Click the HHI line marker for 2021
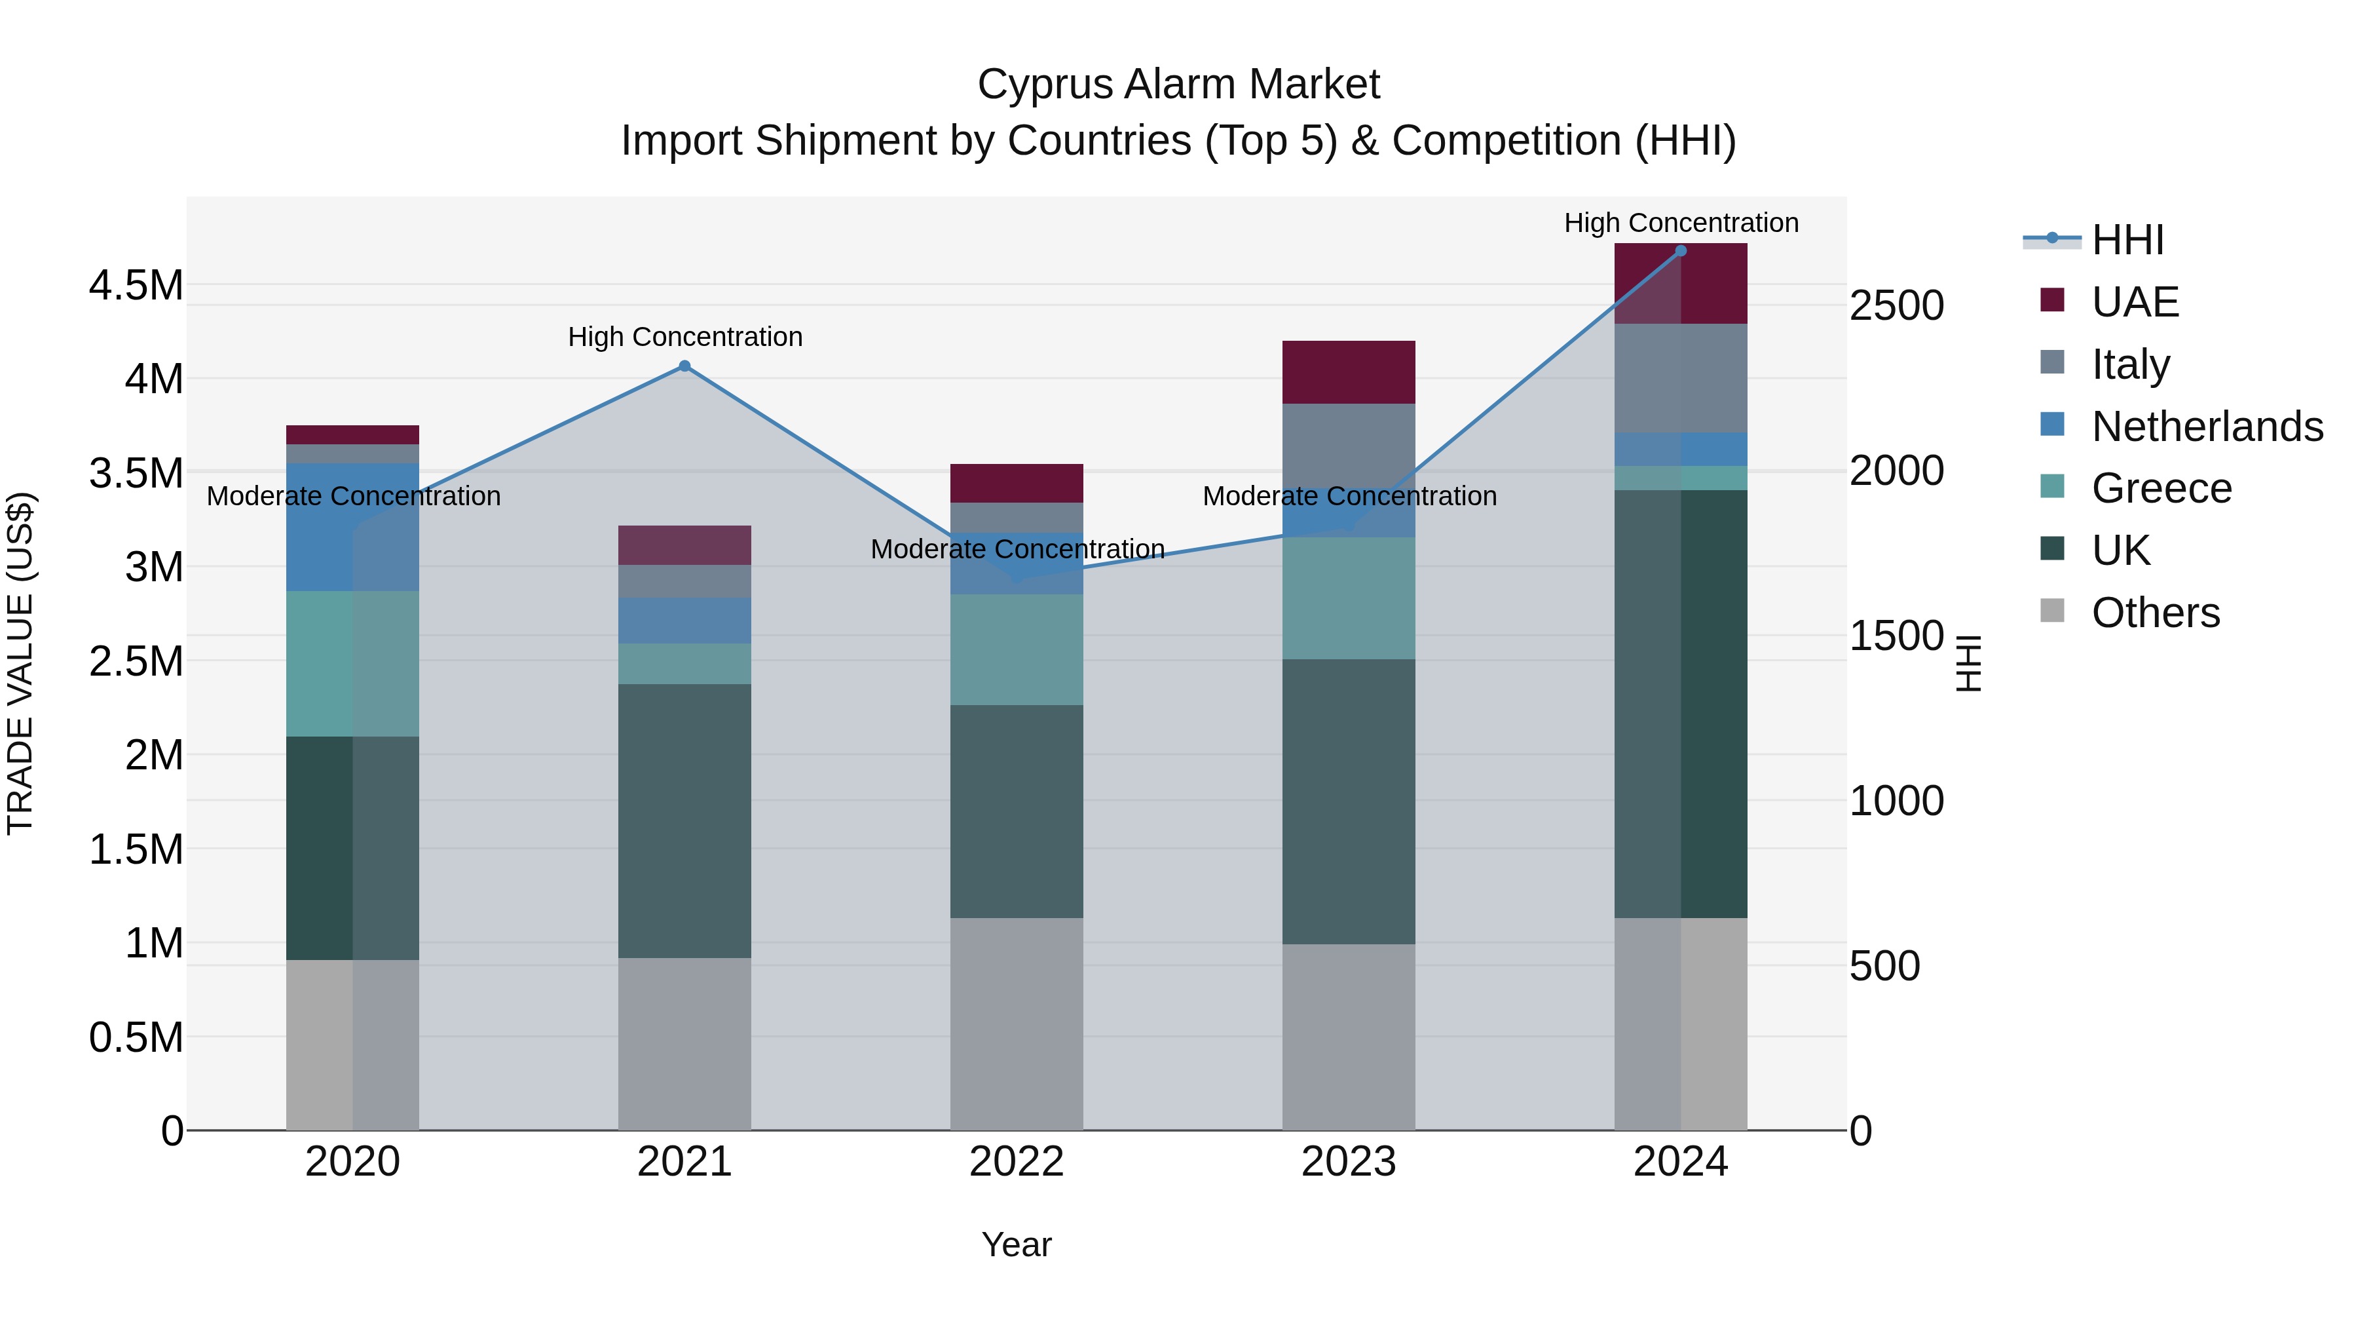[x=684, y=366]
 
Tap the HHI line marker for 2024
[x=1681, y=251]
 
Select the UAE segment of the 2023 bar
[x=1349, y=372]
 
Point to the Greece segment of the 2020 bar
[x=352, y=663]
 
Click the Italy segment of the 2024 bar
[x=1681, y=377]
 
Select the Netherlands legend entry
[x=2207, y=427]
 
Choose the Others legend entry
[x=2155, y=613]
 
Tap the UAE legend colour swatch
[x=2052, y=300]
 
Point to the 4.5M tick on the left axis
[x=136, y=286]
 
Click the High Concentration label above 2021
[x=684, y=337]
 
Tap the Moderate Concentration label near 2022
[x=1017, y=550]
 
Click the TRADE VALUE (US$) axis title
[x=20, y=663]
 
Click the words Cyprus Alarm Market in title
[x=1178, y=85]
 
